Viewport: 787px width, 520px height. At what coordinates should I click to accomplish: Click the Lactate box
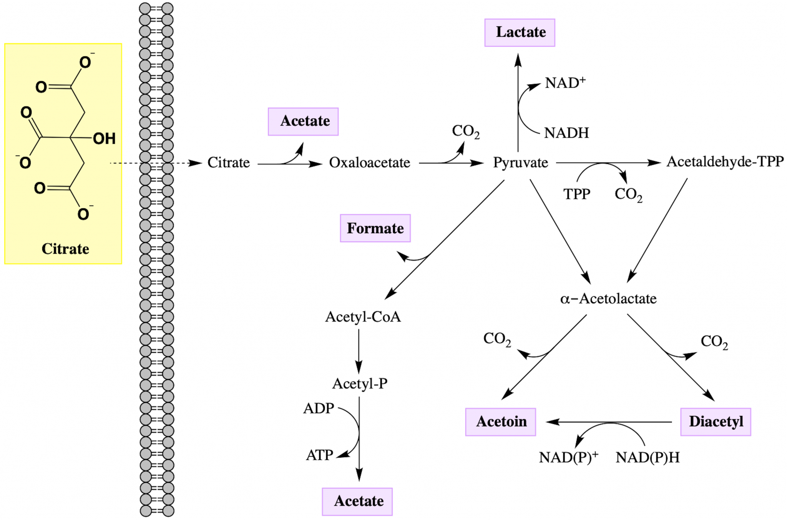click(x=520, y=33)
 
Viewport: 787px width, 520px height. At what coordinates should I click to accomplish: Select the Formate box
click(x=375, y=228)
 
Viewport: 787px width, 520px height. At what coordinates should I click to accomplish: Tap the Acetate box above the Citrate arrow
click(x=303, y=121)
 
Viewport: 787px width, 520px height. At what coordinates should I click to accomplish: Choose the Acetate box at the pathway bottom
click(x=357, y=502)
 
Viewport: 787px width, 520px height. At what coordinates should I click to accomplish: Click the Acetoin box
click(x=500, y=422)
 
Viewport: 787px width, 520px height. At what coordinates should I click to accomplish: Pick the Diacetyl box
click(x=716, y=422)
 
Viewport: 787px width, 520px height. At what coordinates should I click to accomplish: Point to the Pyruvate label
click(x=520, y=163)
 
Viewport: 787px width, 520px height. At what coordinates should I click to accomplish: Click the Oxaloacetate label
click(x=369, y=163)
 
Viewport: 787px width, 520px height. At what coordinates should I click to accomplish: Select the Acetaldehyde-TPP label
click(x=725, y=162)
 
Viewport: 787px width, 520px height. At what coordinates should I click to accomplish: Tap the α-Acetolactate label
click(x=608, y=299)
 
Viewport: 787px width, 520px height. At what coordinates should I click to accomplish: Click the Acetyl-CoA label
click(x=363, y=317)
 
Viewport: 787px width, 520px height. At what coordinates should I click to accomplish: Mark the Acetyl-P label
click(x=360, y=384)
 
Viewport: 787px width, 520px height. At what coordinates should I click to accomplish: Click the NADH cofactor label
click(x=566, y=133)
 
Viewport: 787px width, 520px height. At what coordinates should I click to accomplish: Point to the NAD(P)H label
click(x=648, y=457)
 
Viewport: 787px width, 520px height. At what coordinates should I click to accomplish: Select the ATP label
click(x=319, y=455)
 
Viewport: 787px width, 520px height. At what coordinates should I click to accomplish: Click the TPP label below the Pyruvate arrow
click(x=576, y=194)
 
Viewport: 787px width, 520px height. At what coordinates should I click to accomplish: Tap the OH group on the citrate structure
click(x=104, y=139)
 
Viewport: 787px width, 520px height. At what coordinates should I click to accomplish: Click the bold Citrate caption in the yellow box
click(x=65, y=249)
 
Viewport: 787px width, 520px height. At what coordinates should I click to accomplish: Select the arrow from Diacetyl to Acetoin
click(x=609, y=422)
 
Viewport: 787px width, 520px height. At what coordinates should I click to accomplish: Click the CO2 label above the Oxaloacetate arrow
click(x=465, y=131)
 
